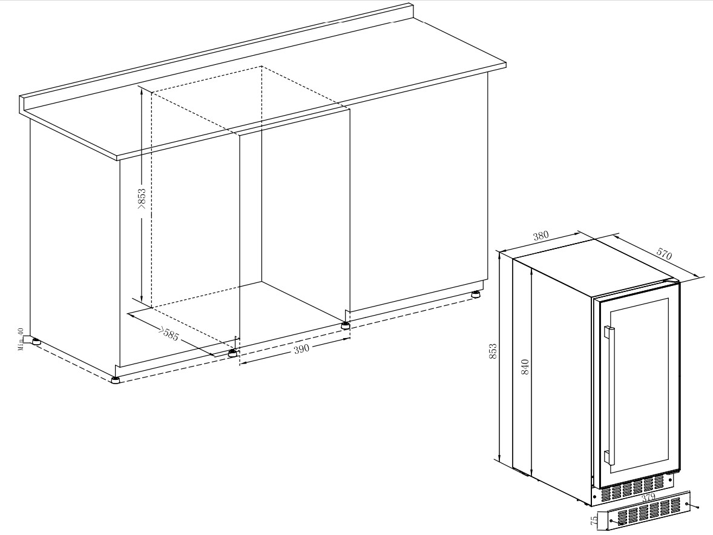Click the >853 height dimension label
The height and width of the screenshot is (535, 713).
point(142,199)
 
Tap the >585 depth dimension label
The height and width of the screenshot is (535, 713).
point(168,334)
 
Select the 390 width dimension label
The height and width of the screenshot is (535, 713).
point(301,349)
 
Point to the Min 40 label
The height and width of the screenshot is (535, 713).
point(20,339)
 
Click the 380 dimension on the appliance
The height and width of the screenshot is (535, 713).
point(540,236)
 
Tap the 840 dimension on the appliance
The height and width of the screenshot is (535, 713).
point(525,367)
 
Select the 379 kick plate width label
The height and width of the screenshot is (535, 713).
point(648,497)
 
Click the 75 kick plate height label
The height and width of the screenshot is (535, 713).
point(594,520)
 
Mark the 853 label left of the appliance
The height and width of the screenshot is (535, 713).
point(493,352)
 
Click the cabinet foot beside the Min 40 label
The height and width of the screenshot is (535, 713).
point(34,341)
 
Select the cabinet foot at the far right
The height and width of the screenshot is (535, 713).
point(476,294)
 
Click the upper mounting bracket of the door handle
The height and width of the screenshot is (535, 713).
point(608,333)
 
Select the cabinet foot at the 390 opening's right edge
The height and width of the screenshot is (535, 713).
point(346,325)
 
